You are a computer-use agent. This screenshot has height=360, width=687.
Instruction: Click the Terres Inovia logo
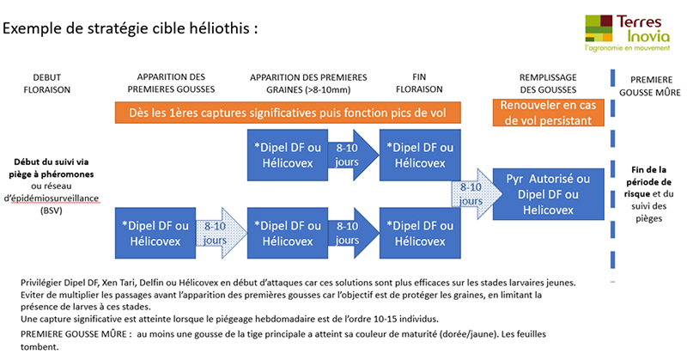tap(628, 33)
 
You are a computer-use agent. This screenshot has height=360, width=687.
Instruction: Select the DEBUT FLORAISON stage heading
tap(47, 83)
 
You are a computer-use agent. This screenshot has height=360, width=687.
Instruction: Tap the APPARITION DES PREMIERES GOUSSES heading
tap(171, 82)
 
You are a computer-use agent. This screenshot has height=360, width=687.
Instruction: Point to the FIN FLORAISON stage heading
tap(419, 82)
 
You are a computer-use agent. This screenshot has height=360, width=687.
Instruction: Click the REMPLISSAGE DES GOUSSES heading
tap(548, 83)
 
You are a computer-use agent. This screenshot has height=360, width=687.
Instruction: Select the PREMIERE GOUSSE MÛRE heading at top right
tap(650, 86)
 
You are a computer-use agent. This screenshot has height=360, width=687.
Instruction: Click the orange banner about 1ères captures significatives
tap(288, 113)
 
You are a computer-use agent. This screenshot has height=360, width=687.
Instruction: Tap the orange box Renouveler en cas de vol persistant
tap(548, 113)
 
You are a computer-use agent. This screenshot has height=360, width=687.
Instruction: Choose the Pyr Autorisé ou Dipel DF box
tap(548, 194)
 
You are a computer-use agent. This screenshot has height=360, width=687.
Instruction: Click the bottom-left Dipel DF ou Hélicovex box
tap(155, 233)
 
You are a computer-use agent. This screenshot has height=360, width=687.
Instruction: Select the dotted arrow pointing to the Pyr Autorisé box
tap(477, 194)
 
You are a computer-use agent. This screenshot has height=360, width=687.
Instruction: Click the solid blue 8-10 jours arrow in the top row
tap(353, 155)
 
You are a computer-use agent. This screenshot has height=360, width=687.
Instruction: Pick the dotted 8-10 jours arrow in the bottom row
tap(222, 233)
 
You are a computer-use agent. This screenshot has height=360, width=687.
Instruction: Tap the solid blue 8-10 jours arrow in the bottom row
tap(353, 233)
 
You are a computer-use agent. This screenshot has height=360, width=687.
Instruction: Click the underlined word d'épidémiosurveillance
tap(52, 198)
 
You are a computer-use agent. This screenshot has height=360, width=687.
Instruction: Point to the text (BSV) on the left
tap(52, 211)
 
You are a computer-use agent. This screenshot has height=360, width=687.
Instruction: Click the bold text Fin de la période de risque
tap(647, 181)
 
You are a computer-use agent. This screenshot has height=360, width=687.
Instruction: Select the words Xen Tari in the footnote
tap(117, 283)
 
